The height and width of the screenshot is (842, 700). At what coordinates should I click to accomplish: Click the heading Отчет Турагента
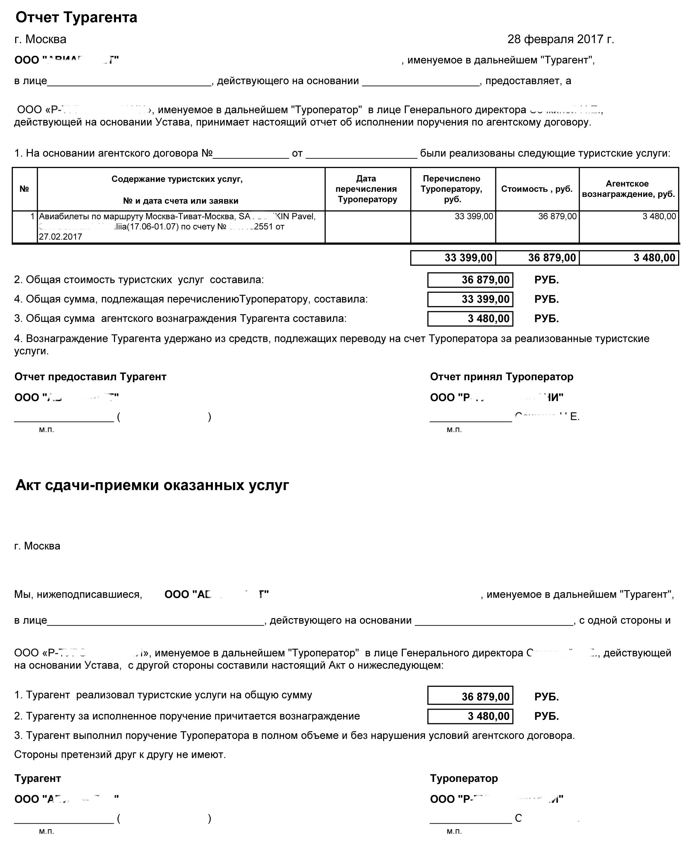76,17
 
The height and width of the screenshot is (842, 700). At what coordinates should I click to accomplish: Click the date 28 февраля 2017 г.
560,39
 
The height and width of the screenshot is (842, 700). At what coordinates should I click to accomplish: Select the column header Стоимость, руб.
537,189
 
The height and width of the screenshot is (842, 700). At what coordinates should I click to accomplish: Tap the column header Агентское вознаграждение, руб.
628,189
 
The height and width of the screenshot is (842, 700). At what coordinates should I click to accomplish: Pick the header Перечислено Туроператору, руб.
452,189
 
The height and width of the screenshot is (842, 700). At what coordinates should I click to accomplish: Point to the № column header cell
24,189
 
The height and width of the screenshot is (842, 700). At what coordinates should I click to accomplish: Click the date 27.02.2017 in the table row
60,237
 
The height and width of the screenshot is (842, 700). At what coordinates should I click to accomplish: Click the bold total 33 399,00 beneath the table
468,258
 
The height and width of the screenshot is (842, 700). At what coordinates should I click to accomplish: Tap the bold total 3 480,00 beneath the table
654,258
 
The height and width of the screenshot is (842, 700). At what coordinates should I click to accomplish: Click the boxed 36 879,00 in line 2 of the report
485,280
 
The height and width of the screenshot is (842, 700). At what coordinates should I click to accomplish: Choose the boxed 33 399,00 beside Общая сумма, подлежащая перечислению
485,299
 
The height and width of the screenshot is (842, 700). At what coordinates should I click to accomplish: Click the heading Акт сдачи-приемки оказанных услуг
152,485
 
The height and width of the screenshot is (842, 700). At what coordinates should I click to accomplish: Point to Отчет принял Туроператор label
502,377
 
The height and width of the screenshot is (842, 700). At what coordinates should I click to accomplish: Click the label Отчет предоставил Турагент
90,377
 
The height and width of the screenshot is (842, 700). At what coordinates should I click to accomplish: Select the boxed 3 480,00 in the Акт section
488,716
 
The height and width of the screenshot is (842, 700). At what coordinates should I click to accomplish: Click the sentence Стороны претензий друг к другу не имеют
120,755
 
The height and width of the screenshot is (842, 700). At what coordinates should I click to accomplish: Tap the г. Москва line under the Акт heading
37,546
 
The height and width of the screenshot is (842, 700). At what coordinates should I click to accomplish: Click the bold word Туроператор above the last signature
464,778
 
